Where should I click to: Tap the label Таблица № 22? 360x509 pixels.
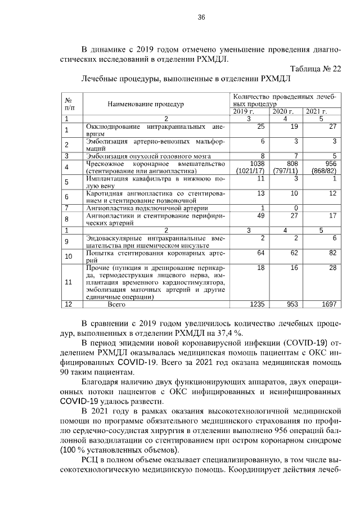[x=316, y=69]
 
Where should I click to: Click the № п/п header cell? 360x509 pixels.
[x=70, y=103]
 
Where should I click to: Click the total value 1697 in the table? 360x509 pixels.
[x=327, y=304]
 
